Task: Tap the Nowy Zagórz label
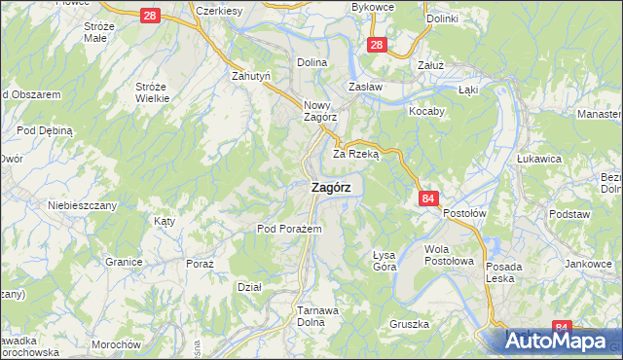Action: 319,111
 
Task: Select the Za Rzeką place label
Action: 355,154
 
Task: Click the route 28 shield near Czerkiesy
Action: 149,16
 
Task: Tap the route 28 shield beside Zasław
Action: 379,45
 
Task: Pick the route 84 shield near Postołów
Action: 428,198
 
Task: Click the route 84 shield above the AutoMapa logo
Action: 561,329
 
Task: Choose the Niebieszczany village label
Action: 83,205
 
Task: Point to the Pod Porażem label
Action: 282,229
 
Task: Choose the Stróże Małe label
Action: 100,32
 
